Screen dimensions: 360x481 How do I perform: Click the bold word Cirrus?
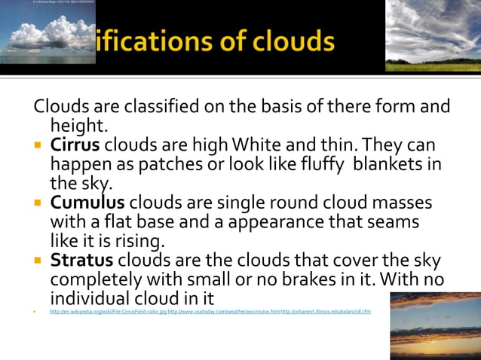(x=75, y=144)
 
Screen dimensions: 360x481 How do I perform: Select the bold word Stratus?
(x=81, y=261)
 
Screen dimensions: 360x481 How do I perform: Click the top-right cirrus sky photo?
(x=433, y=35)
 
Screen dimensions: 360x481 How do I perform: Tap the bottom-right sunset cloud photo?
(x=435, y=325)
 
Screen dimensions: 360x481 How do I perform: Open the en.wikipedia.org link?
(x=108, y=311)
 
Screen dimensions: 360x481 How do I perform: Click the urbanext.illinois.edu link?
(x=326, y=311)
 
